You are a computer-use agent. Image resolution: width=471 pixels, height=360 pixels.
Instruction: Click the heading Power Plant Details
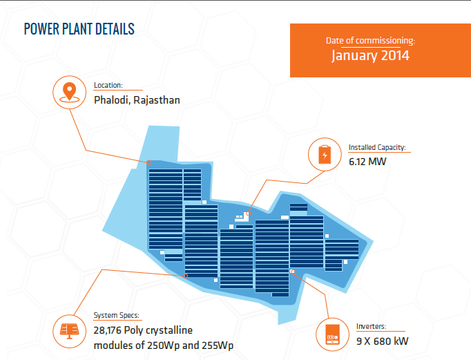(x=79, y=29)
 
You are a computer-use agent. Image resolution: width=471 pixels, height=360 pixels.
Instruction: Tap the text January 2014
(x=370, y=55)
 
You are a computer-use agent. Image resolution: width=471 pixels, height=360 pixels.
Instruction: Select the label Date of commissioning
(x=370, y=40)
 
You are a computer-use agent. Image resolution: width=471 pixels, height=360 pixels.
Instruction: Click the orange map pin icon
(x=69, y=92)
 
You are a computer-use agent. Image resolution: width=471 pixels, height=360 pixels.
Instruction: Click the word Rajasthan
(x=157, y=100)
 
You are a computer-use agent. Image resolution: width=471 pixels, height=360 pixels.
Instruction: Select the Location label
(x=108, y=85)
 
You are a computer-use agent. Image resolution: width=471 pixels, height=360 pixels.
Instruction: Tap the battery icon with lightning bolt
(x=325, y=155)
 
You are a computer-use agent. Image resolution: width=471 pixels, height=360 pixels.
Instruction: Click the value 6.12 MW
(x=367, y=162)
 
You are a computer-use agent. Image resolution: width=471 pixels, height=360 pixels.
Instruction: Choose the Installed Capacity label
(x=377, y=147)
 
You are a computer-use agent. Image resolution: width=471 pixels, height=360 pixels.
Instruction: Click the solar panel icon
(x=69, y=331)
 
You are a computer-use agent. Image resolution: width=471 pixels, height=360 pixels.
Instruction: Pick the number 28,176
(x=108, y=330)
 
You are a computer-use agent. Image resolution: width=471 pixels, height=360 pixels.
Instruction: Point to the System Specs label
(x=116, y=315)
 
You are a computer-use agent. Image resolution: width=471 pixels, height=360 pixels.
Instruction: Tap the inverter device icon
(x=332, y=334)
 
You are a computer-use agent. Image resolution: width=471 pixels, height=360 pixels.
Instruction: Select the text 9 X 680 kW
(x=382, y=341)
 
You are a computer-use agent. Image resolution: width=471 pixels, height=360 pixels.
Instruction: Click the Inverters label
(x=372, y=326)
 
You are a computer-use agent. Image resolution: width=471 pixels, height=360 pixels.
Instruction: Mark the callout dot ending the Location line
(x=148, y=162)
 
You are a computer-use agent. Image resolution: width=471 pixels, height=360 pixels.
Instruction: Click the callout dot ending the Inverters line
(x=294, y=272)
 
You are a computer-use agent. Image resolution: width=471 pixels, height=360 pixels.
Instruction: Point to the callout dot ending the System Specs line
(x=185, y=276)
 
